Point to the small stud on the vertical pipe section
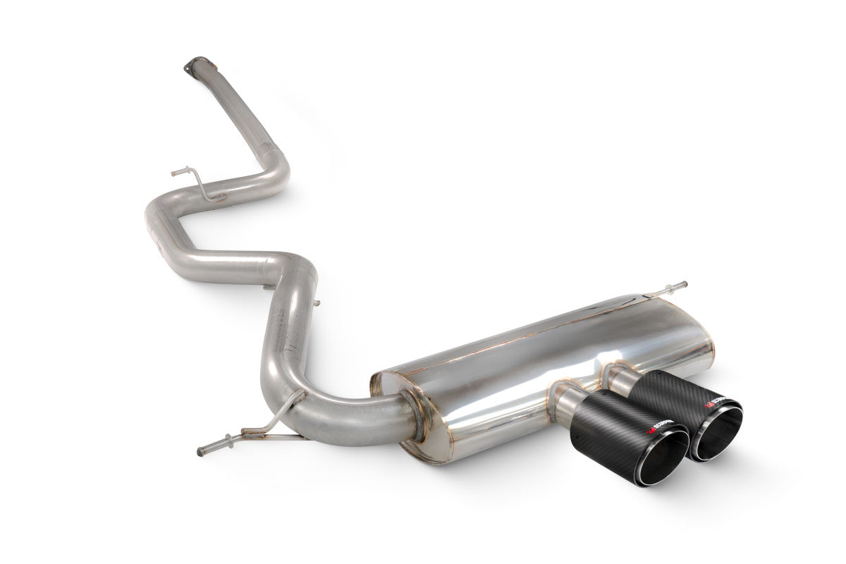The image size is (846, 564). tap(315, 303)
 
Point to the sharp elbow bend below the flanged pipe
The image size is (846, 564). tap(278, 169)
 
